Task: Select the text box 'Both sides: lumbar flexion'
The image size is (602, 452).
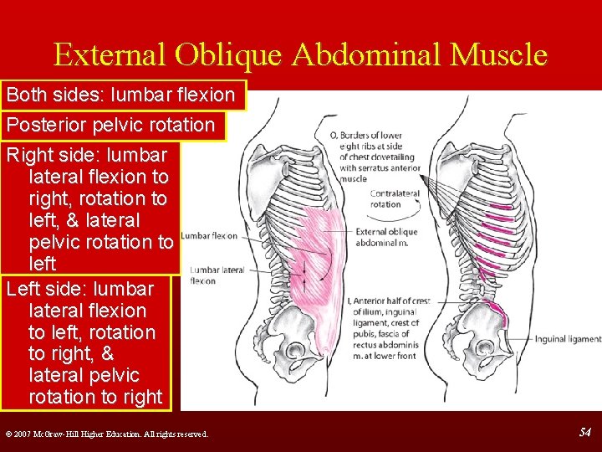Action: tap(125, 95)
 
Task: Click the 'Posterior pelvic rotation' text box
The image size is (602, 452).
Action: tap(110, 125)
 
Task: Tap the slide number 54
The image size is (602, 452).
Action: tap(585, 433)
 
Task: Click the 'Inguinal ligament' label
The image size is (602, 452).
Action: tap(567, 339)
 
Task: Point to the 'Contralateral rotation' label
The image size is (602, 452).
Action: tap(385, 198)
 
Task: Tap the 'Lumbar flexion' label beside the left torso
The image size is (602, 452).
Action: tap(209, 235)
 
